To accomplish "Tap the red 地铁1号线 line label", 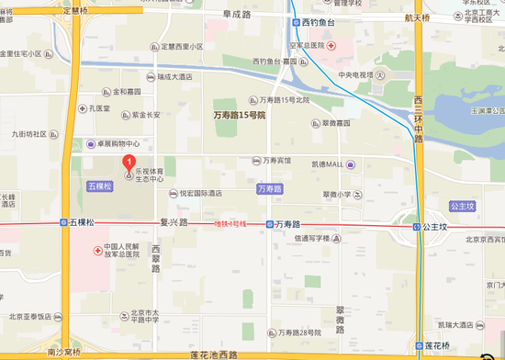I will click(x=231, y=223).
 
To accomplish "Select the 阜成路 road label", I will click(x=237, y=16).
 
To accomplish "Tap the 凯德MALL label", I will click(x=326, y=163).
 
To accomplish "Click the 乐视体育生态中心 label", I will click(x=151, y=174).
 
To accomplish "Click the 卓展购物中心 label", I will click(x=114, y=143).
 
